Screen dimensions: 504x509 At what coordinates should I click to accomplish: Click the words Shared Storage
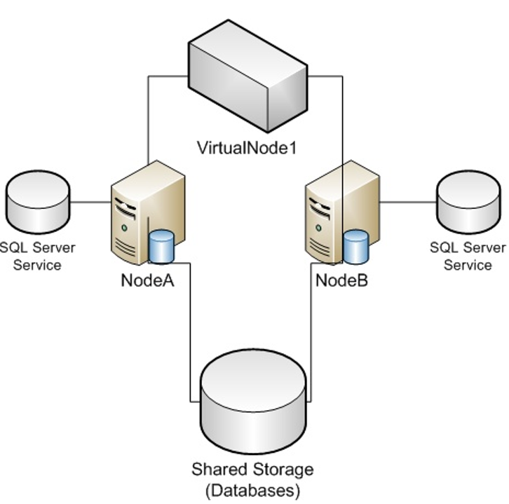pyautogui.click(x=253, y=468)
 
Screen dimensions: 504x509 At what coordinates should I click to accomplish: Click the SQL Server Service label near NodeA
pyautogui.click(x=37, y=257)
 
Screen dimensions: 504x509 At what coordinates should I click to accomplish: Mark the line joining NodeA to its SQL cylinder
pyautogui.click(x=90, y=203)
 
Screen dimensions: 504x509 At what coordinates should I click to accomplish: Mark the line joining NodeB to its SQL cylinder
pyautogui.click(x=407, y=203)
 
